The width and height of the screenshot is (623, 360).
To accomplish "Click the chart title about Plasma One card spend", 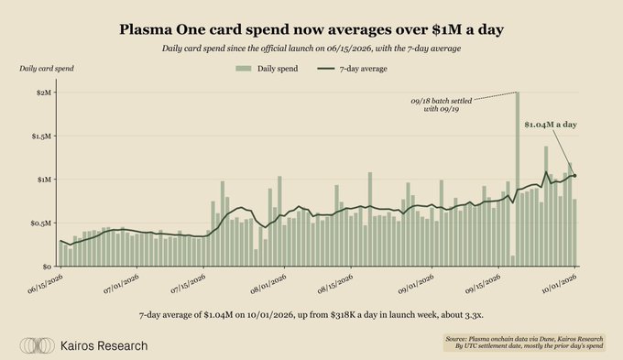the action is (x=311, y=30).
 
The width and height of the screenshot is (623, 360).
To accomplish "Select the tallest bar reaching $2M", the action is (x=518, y=179).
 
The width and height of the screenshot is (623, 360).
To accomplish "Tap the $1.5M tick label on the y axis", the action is (x=42, y=136).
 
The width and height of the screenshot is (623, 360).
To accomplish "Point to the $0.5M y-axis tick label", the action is (x=42, y=224).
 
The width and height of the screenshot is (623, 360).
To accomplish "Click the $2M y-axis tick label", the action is (x=44, y=93).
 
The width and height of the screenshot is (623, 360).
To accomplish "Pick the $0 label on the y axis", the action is (x=48, y=267).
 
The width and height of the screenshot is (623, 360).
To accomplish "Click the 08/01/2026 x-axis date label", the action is (x=268, y=284).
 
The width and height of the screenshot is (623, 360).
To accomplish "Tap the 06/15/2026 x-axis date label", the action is (x=45, y=284).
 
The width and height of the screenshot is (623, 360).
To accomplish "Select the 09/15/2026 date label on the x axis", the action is (x=483, y=284).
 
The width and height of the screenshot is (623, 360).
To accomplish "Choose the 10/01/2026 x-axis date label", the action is (x=560, y=284).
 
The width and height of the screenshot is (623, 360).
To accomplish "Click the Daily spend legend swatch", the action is (x=244, y=69).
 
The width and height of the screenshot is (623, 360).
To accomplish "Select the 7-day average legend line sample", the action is (x=326, y=69).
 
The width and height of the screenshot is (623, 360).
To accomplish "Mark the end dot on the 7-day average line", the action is (x=575, y=176).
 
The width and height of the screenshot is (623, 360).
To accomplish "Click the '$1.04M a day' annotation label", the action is (x=551, y=125).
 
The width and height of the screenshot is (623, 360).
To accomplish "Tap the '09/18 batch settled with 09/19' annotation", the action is (x=442, y=105).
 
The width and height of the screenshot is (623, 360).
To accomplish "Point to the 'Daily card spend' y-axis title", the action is (x=47, y=69).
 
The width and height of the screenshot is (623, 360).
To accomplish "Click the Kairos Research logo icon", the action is (x=37, y=345).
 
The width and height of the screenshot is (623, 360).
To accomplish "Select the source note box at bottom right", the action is (x=524, y=343).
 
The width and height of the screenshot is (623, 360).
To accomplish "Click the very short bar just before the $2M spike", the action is (x=512, y=261).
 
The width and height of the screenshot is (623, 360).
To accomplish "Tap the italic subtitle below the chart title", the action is (x=311, y=49).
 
